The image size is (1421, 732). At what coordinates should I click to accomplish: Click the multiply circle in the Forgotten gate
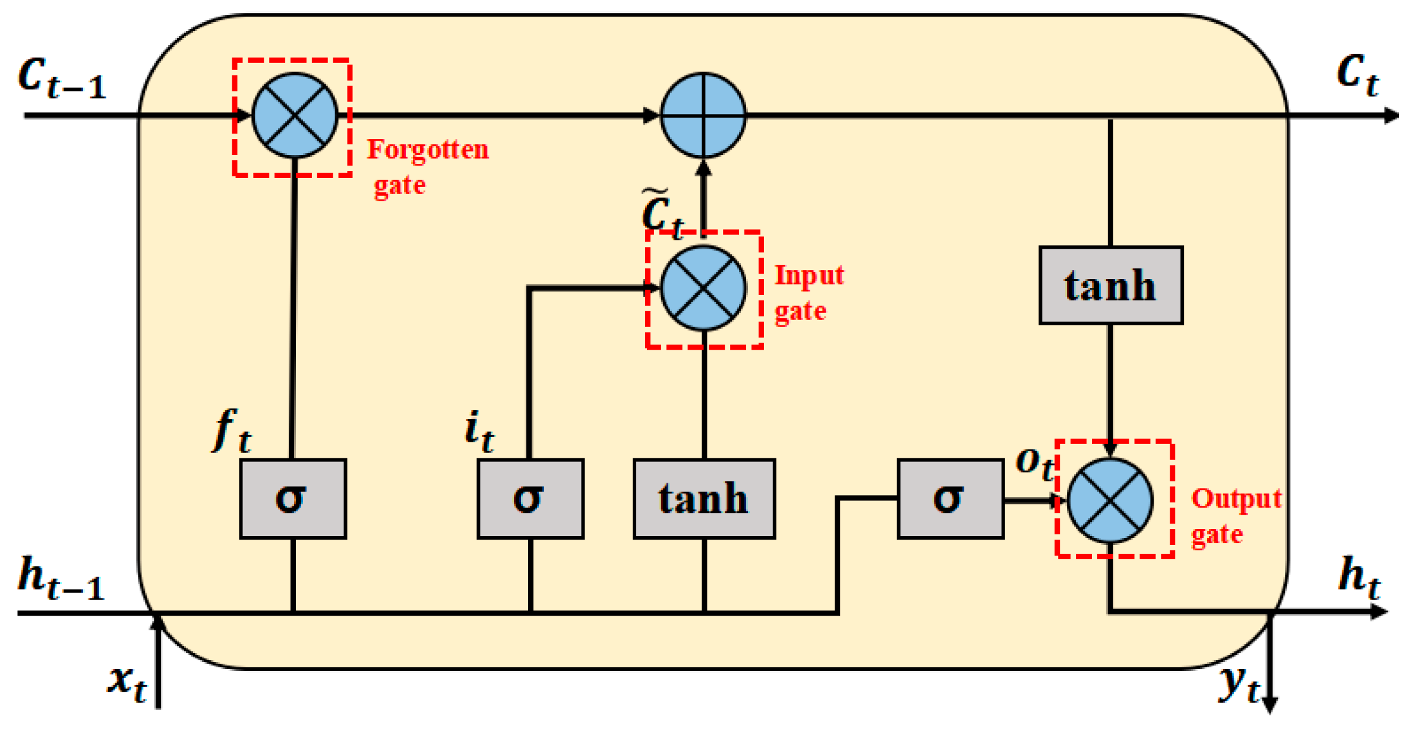[295, 115]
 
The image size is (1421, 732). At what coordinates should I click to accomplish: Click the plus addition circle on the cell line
[703, 115]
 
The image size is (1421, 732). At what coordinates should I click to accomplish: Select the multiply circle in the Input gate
[703, 288]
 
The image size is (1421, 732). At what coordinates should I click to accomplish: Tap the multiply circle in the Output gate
[1110, 500]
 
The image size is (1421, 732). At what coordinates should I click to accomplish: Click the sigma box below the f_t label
[293, 499]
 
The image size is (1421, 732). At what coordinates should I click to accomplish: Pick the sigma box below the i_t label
[530, 499]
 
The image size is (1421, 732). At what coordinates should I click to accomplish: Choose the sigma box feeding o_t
[950, 499]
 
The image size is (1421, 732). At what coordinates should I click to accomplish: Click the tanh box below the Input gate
[704, 499]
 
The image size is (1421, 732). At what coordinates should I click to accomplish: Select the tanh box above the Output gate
[1110, 286]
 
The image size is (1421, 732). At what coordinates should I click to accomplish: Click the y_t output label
[1238, 683]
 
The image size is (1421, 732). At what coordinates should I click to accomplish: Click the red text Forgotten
[428, 149]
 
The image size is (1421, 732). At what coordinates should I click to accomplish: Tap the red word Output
[1236, 499]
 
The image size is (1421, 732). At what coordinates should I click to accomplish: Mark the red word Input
[809, 275]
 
